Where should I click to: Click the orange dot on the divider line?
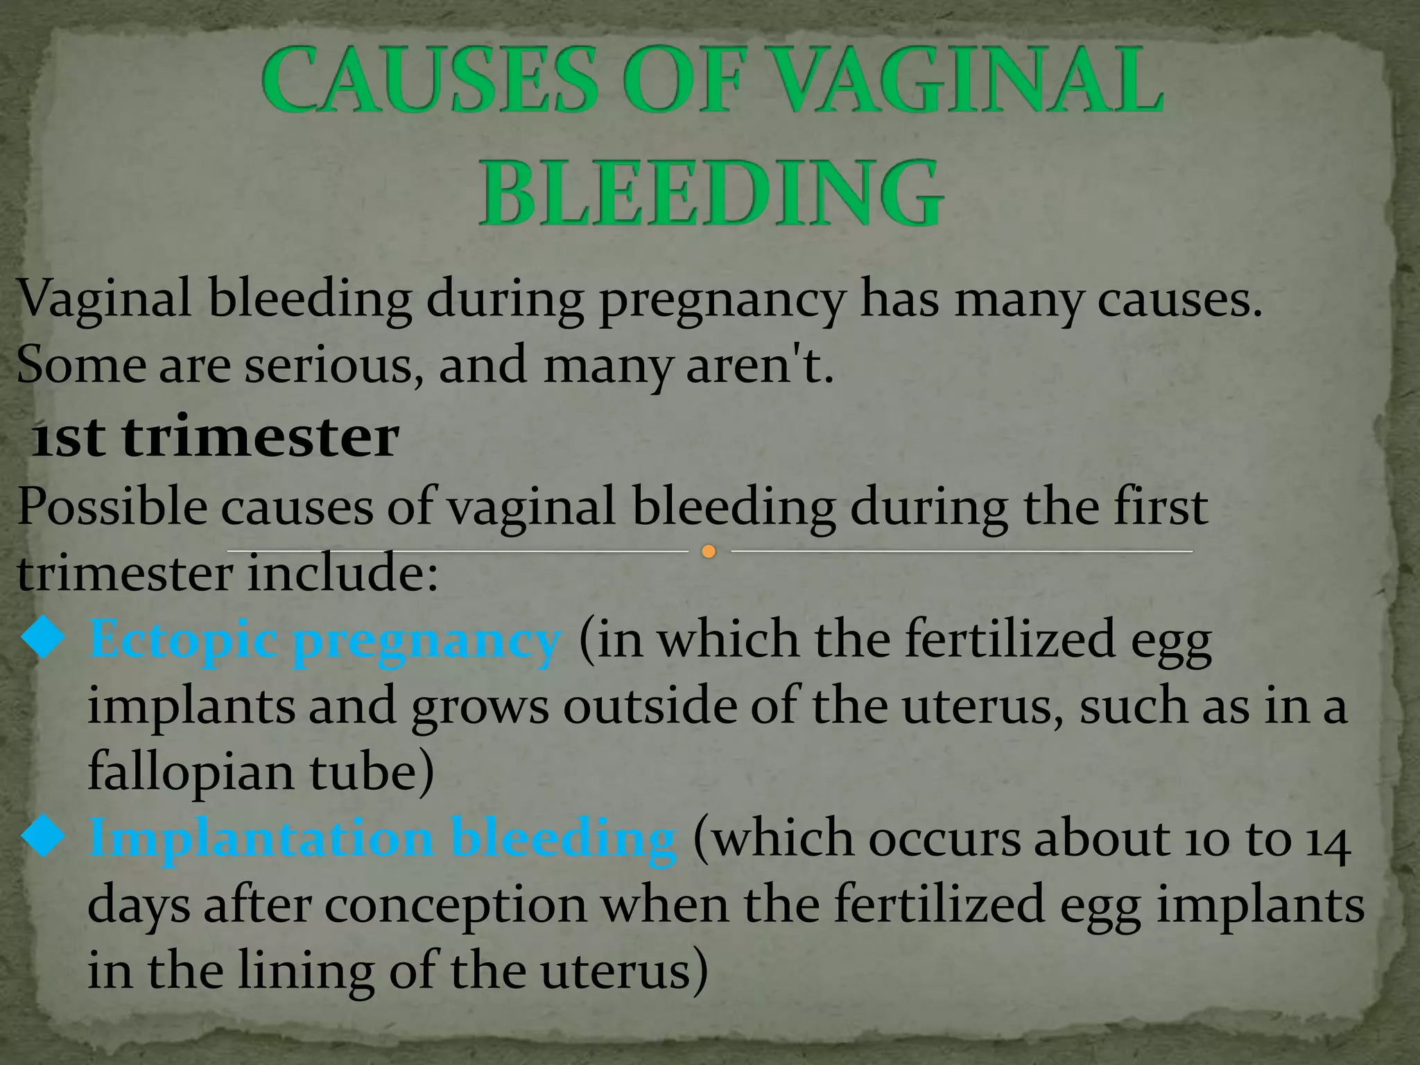pos(708,552)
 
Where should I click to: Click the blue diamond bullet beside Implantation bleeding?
pos(43,836)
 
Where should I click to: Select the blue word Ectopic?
pos(183,639)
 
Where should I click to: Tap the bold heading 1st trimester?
pos(216,438)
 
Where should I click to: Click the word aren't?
pos(759,365)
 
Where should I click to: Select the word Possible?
pos(112,507)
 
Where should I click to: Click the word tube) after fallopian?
pos(372,772)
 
